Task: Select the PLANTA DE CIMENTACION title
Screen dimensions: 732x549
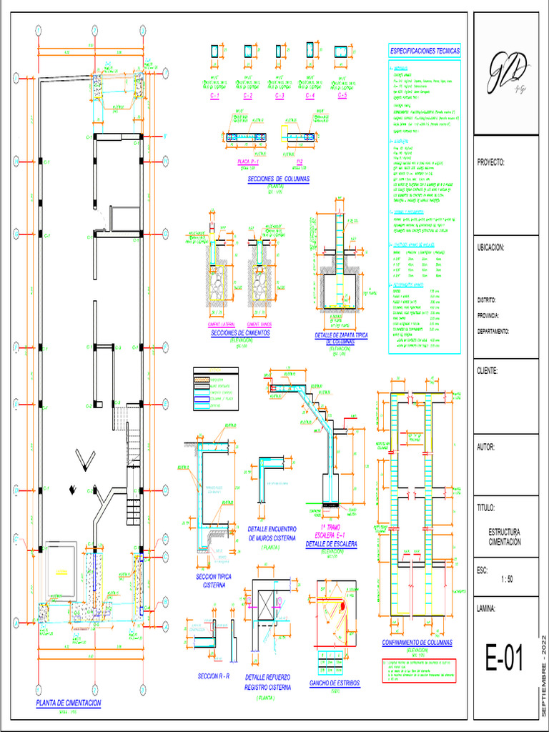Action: coord(69,703)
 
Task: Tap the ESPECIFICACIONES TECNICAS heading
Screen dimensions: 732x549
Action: coord(425,51)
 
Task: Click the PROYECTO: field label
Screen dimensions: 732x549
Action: coord(491,163)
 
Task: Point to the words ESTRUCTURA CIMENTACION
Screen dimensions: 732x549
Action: coord(505,538)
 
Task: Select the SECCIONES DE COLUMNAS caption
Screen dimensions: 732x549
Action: coord(279,179)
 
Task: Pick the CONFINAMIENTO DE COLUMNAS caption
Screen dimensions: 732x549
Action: coord(417,643)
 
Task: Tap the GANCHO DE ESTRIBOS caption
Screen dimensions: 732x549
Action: coord(335,683)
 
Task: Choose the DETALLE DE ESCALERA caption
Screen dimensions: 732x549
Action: coord(331,544)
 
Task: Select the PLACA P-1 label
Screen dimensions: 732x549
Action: coord(249,163)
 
